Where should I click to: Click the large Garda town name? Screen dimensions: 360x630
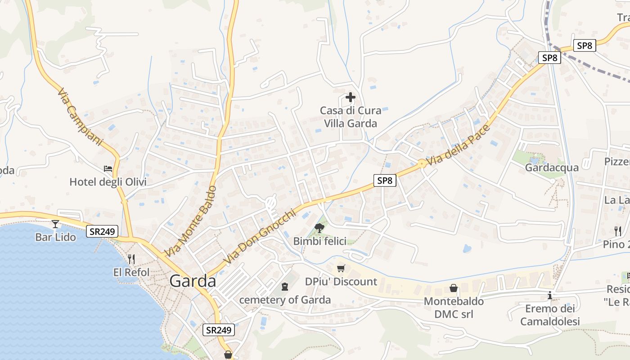(193, 281)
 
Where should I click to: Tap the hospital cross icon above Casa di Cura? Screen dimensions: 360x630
(350, 97)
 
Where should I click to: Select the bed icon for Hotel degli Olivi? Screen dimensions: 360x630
(108, 169)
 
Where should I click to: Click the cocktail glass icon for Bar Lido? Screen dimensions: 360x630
(55, 224)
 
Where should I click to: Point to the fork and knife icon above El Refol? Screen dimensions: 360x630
(131, 259)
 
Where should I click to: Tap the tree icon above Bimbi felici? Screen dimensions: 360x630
(320, 228)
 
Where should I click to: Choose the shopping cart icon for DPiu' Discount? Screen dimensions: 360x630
(341, 268)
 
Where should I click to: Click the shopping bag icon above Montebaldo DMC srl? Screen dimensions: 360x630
(454, 288)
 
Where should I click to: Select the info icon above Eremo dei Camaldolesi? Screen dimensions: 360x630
(549, 296)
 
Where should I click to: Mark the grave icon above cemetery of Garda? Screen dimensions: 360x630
(284, 286)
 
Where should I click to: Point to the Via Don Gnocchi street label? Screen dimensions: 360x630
(260, 236)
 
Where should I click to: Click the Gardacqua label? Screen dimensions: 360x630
(552, 167)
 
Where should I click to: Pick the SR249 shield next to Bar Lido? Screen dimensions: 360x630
(103, 232)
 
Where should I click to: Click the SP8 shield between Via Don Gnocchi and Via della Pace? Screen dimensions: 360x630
(385, 181)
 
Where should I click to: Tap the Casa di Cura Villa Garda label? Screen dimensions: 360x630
(350, 117)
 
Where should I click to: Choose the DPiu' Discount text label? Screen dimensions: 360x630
(341, 282)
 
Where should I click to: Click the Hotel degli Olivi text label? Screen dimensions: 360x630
(108, 182)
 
